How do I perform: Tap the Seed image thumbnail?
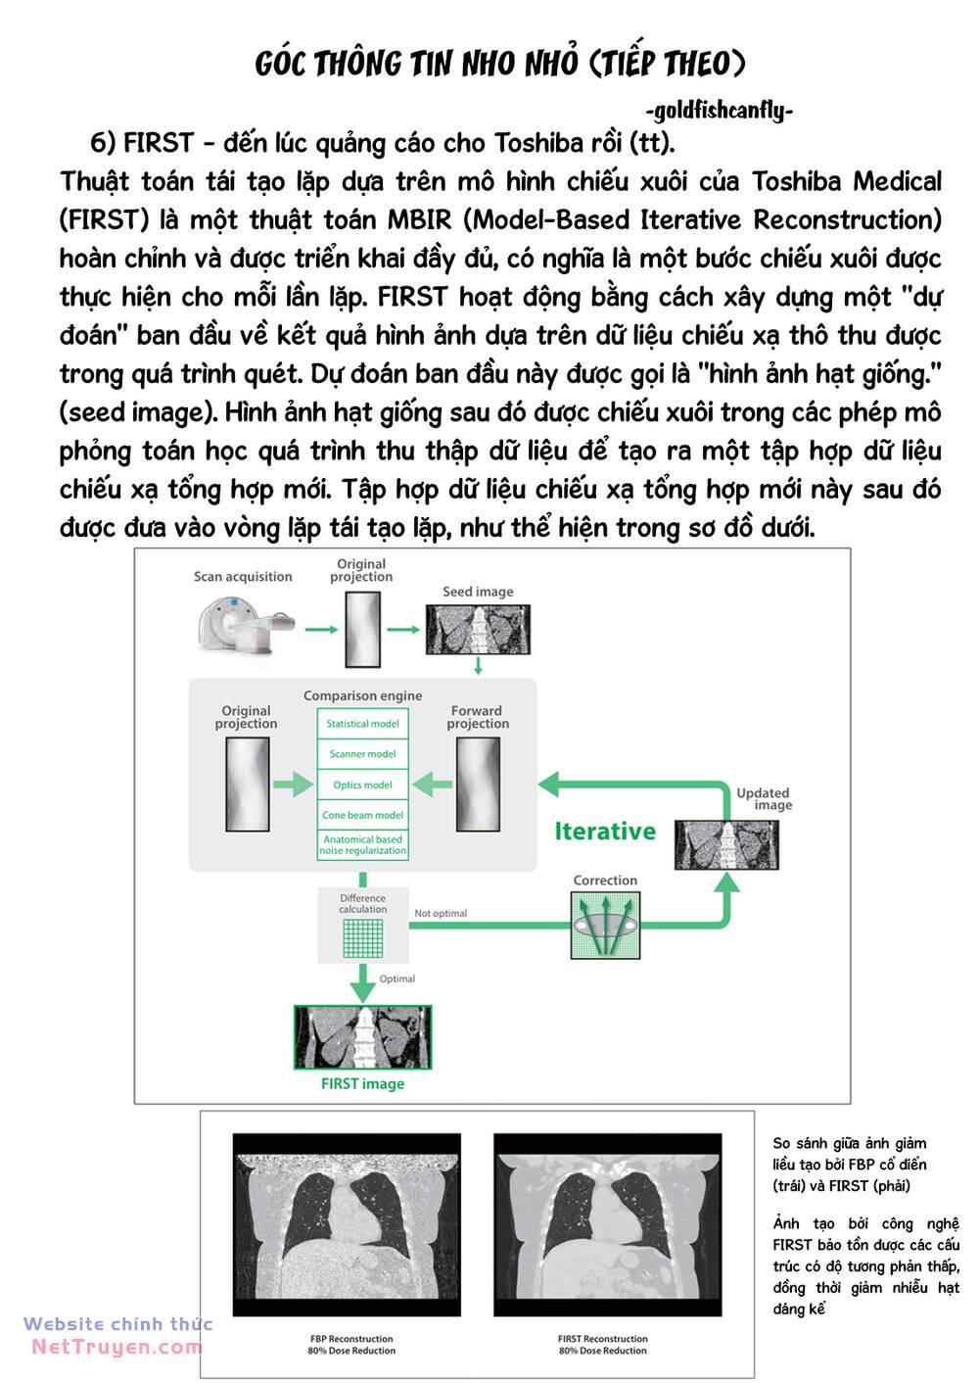coord(478,630)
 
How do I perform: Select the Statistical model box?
coord(362,724)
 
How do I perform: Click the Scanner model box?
coord(362,754)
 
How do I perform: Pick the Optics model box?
coord(362,785)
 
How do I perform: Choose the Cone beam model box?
coord(362,815)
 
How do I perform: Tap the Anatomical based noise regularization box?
coord(362,845)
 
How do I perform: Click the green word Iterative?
coord(605,832)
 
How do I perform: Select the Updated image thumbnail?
coord(726,844)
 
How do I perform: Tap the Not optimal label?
coord(441,914)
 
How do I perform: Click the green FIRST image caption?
coord(362,1084)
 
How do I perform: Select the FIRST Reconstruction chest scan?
coord(607,1224)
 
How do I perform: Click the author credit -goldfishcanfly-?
coord(720,111)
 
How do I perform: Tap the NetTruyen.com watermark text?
coord(117,1347)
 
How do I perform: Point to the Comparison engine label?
coord(362,695)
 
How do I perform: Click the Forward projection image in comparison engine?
coord(478,784)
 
